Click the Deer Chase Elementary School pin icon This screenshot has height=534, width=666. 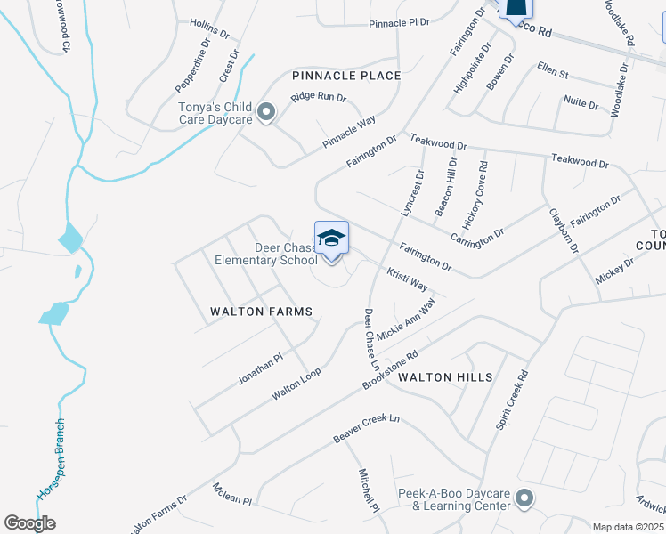(x=331, y=239)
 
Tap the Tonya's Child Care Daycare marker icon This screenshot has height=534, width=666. (x=265, y=113)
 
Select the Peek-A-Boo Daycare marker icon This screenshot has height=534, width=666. (x=524, y=498)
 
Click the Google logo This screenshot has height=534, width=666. (x=29, y=523)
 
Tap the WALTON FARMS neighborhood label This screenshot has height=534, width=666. (x=261, y=311)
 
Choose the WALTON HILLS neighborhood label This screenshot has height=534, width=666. (x=445, y=377)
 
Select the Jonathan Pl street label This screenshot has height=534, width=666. (x=260, y=368)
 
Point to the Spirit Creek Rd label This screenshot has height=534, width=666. (x=511, y=401)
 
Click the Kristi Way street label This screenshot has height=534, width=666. (x=407, y=278)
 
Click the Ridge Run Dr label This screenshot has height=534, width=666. (x=318, y=97)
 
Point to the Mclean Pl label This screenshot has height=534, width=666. (x=232, y=494)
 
